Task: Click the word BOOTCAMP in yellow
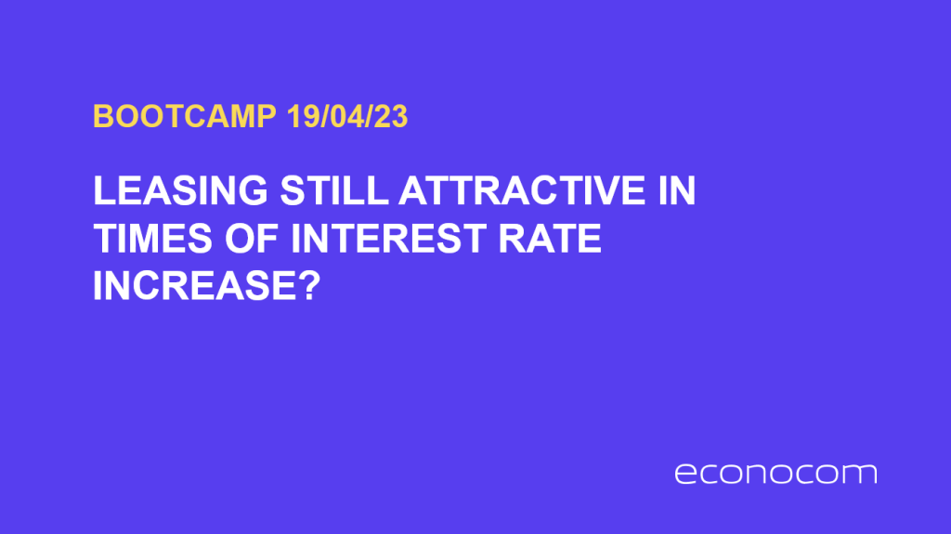tap(185, 117)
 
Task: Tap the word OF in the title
tap(249, 241)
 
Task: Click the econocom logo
tap(775, 474)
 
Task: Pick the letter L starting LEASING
tap(102, 193)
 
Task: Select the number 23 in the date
tap(393, 117)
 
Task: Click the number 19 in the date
tap(300, 117)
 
